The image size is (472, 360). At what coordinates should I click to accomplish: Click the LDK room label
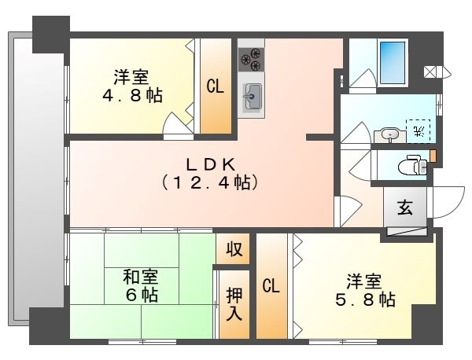tap(210, 163)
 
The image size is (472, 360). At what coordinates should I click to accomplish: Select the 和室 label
tap(141, 277)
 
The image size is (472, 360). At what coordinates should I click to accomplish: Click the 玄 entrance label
tap(404, 208)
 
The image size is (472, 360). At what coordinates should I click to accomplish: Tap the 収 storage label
tap(234, 251)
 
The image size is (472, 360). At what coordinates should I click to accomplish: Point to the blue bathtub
tap(391, 58)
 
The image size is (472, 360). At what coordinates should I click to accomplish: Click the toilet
tap(410, 166)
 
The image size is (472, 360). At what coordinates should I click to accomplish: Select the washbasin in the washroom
tap(391, 134)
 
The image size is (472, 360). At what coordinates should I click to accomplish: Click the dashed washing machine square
tap(419, 130)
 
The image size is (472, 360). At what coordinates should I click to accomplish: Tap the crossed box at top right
tap(432, 72)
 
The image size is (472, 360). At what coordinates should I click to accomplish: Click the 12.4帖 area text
tap(210, 182)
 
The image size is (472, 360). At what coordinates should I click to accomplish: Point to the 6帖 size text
tap(141, 296)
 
